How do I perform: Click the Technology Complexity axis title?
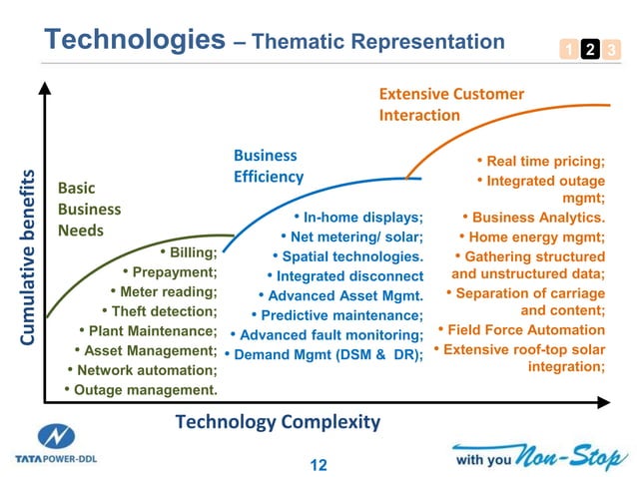pos(278,422)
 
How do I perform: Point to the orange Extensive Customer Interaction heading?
pos(451,105)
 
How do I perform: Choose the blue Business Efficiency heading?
pos(269,166)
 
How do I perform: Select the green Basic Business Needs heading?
pos(90,210)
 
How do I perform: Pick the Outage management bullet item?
pos(141,389)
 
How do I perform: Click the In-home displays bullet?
pos(358,218)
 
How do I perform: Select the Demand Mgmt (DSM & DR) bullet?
pos(323,354)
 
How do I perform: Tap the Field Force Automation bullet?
pos(520,330)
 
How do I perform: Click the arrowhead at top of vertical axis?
pos(44,89)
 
